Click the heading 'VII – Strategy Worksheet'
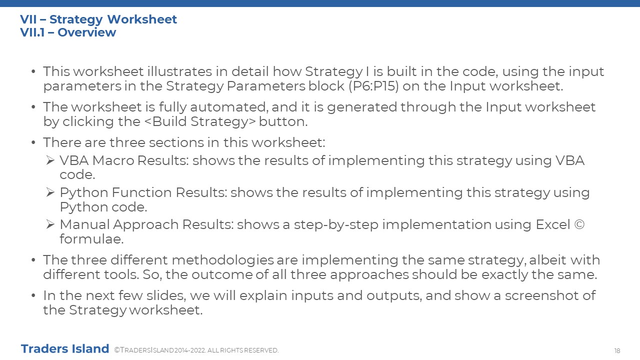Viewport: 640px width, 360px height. pyautogui.click(x=98, y=19)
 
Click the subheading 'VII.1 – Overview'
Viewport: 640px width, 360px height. pyautogui.click(x=68, y=32)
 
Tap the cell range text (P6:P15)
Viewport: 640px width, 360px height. pyautogui.click(x=373, y=86)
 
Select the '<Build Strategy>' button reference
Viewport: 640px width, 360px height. pyautogui.click(x=200, y=121)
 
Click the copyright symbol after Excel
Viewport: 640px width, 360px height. pyautogui.click(x=579, y=224)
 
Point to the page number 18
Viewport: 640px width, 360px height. pyautogui.click(x=617, y=350)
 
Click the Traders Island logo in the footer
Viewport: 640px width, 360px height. pyautogui.click(x=65, y=349)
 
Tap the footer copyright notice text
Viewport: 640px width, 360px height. pyautogui.click(x=196, y=350)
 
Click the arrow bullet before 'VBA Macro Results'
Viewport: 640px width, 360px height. pyautogui.click(x=50, y=160)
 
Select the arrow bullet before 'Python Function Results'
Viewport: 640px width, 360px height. pyautogui.click(x=50, y=192)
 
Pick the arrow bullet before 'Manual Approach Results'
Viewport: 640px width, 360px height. pyautogui.click(x=50, y=224)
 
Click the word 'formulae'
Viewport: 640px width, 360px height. pyautogui.click(x=91, y=239)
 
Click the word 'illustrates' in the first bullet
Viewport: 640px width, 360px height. pyautogui.click(x=179, y=71)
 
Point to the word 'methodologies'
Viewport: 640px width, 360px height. pyautogui.click(x=223, y=260)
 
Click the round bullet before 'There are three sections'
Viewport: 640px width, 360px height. pyautogui.click(x=33, y=142)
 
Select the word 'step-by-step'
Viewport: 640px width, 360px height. pyautogui.click(x=336, y=225)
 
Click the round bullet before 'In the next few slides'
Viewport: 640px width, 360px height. pyautogui.click(x=33, y=295)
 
